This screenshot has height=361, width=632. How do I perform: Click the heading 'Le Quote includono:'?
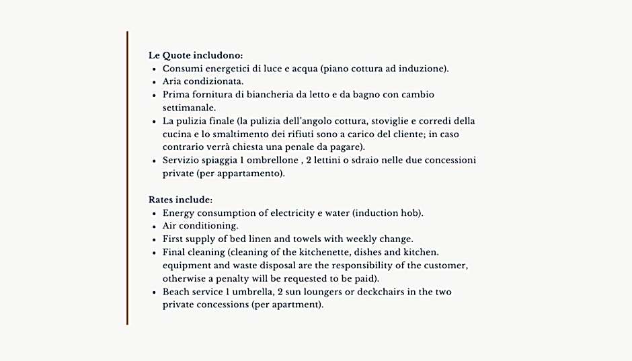click(x=196, y=56)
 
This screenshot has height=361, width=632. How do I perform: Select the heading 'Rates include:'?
click(x=180, y=200)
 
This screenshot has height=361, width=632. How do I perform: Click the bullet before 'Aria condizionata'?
click(x=155, y=82)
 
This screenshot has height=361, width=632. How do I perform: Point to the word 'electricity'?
click(x=295, y=213)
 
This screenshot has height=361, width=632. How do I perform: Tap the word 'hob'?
click(x=411, y=213)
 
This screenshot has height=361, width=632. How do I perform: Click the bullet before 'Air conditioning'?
click(x=155, y=227)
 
